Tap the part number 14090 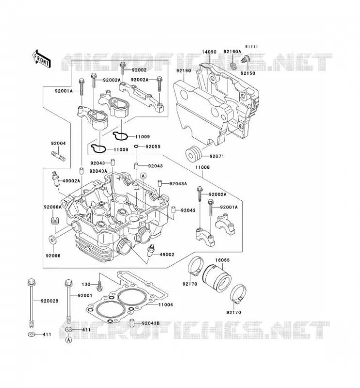209,52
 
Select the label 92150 248,73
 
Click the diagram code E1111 252,47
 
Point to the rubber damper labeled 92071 194,154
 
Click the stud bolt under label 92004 58,156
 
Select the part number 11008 202,167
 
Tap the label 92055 153,146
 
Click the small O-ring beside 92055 136,147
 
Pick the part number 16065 222,260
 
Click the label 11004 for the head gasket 165,305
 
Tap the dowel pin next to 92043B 132,323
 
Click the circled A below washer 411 69,340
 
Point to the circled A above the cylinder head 143,176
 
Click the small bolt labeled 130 99,285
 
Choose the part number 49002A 71,181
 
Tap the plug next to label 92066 52,240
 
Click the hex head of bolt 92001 69,283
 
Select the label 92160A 232,51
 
